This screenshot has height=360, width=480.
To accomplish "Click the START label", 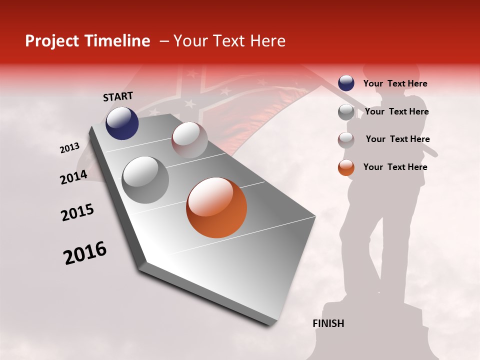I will coord(118,96).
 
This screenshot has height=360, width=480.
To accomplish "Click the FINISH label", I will coord(328,323).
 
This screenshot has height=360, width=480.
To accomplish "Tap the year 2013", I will coord(69,148).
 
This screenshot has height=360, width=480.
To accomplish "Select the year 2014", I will coord(74,177).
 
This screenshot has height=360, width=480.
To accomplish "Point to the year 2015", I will coord(77,212).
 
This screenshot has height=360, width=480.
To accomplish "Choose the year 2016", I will coord(85,253).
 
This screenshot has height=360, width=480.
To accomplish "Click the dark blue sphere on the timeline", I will coord(122,123).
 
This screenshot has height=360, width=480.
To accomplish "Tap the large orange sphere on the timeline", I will coord(216,207).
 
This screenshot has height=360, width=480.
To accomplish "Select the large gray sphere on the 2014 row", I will coord(145,180).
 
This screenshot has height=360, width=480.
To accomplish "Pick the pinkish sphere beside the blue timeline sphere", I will coord(189,139).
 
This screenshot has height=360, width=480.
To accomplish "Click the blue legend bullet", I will coord(346,83).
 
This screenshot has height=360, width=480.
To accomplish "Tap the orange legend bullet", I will coord(346,167).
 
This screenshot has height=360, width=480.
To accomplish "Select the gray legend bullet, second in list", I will coord(346,112).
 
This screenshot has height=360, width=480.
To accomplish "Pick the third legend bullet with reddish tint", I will coord(346,139).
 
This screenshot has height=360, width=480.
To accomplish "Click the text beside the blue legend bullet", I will coord(395,83).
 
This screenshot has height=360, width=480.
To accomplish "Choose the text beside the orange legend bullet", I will coord(395,167).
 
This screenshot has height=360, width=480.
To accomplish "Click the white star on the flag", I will coord(189,103).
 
